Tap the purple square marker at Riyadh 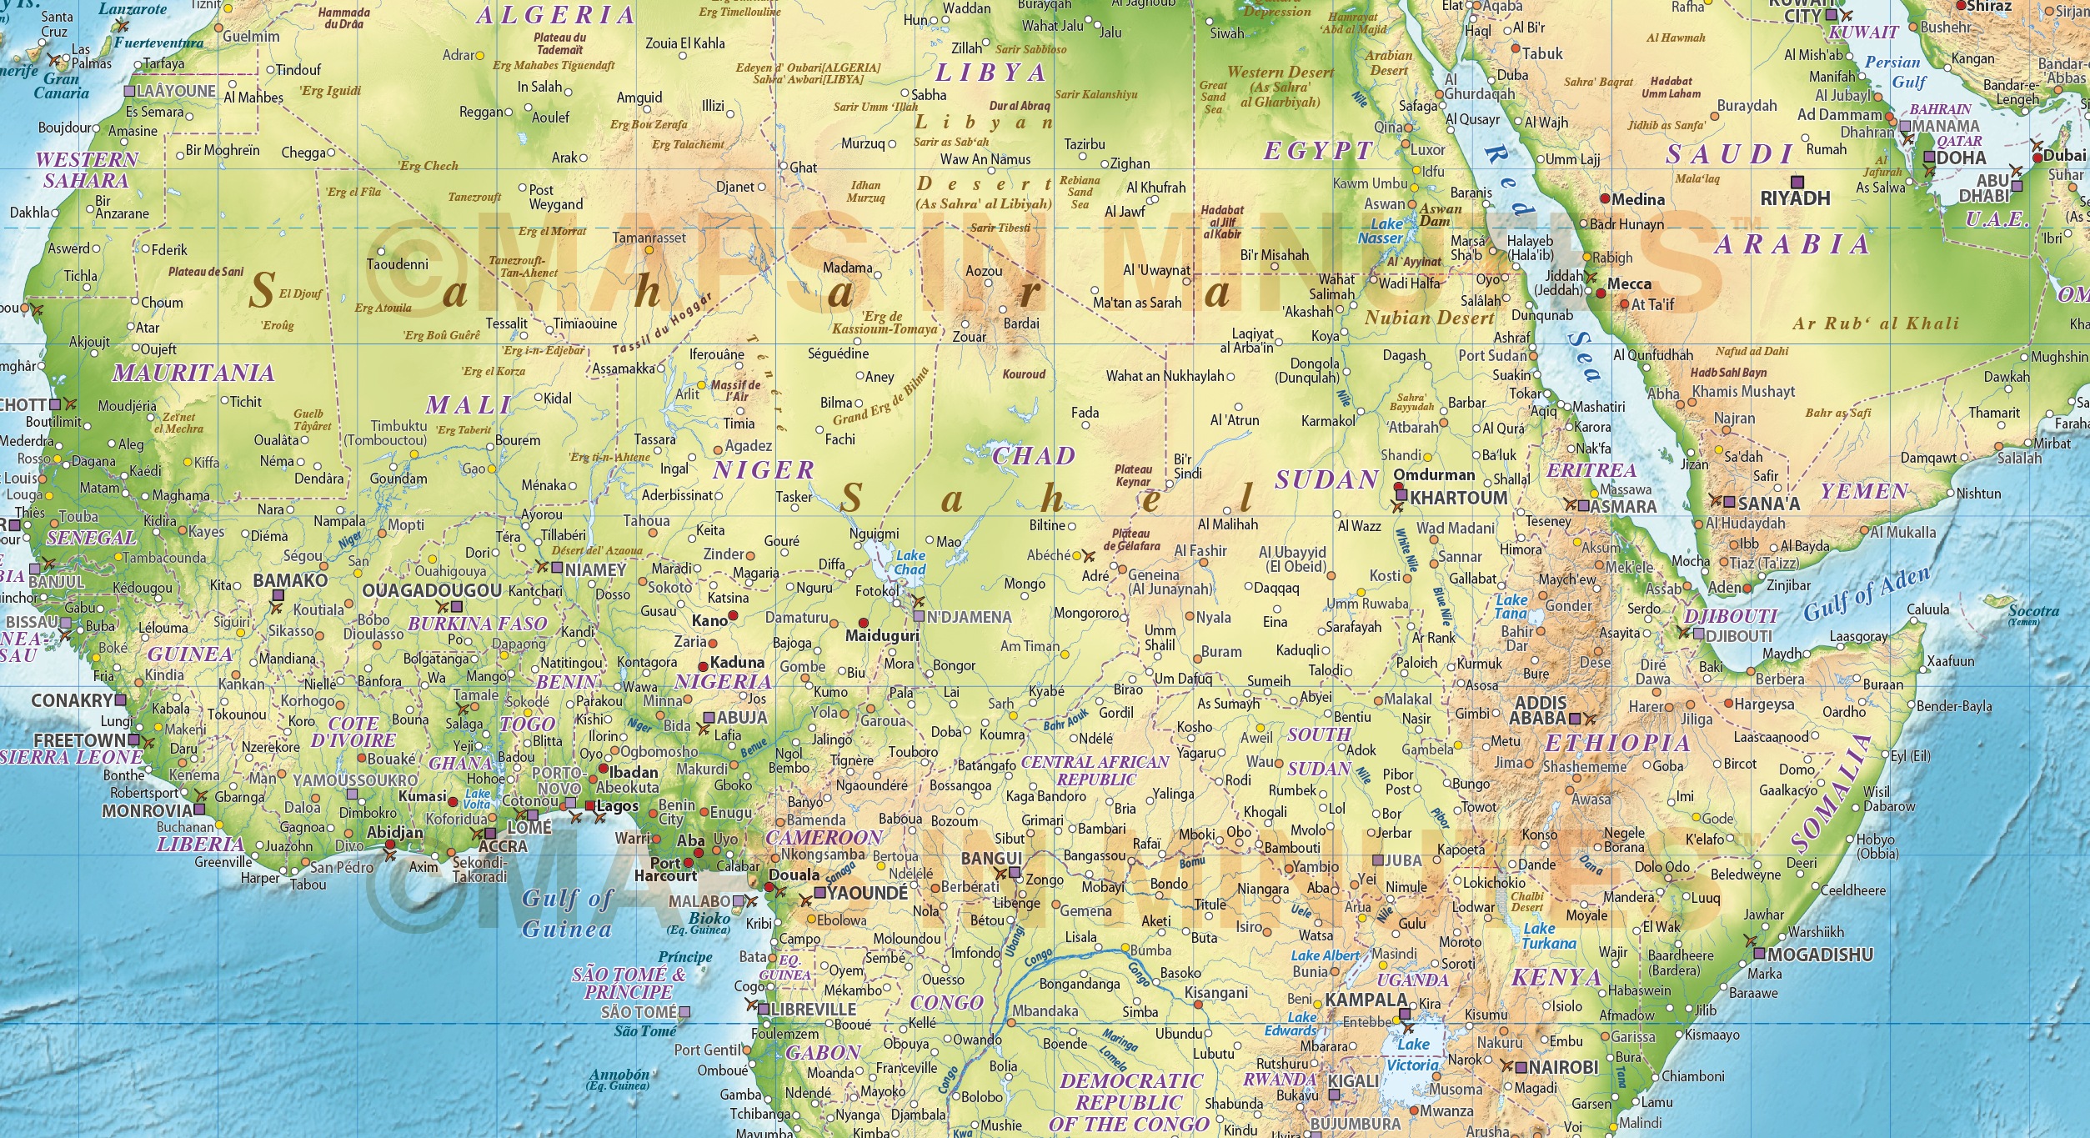(1797, 181)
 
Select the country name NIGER (763, 470)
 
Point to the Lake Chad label (910, 563)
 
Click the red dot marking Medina (1604, 199)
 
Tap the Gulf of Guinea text (567, 913)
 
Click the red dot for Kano (733, 616)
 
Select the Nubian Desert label (1429, 318)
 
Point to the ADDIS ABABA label (1540, 710)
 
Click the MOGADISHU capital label (1820, 954)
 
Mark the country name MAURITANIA (193, 373)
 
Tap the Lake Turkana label (1548, 935)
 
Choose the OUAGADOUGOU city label (431, 590)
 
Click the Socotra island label (2033, 611)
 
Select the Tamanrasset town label (649, 238)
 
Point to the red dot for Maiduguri (863, 623)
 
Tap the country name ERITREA (1591, 469)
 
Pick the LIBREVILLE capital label (814, 1009)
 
